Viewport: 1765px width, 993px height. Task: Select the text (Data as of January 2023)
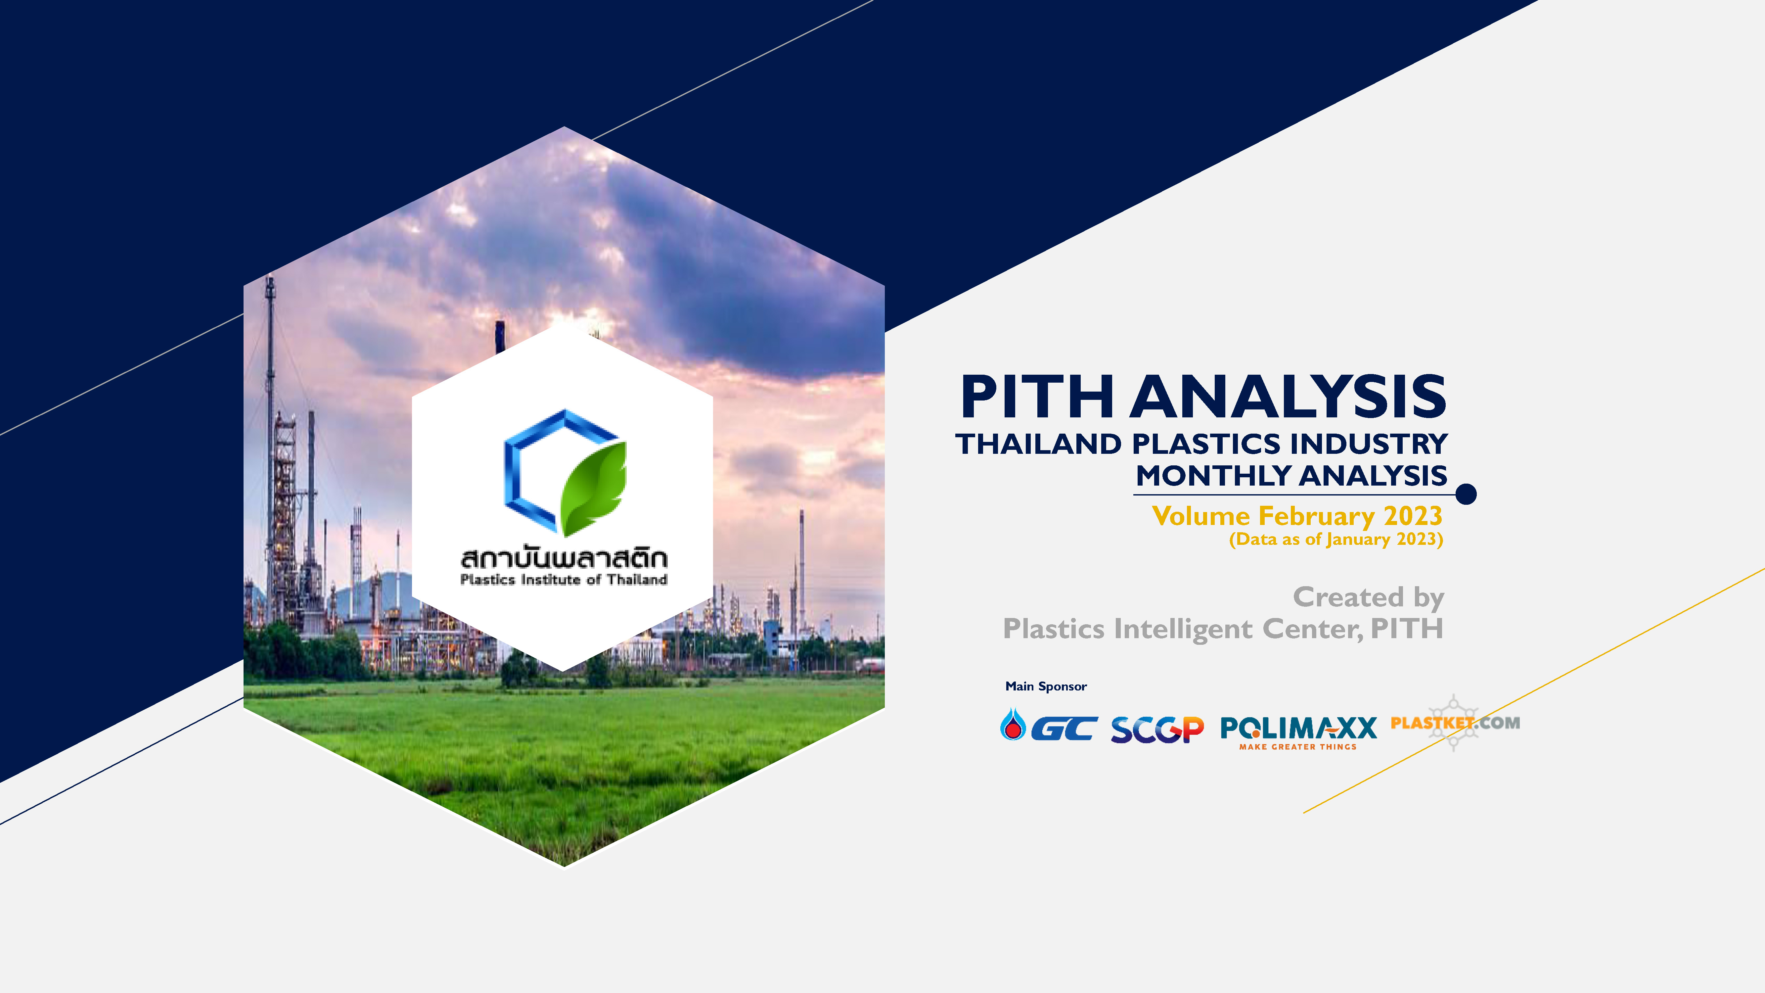[x=1336, y=539]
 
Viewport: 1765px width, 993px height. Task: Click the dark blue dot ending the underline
[x=1466, y=494]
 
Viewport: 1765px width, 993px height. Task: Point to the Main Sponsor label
[x=1046, y=686]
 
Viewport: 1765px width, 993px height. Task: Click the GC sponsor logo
[x=1048, y=727]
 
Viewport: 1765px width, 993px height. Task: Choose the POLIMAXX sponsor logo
[x=1298, y=732]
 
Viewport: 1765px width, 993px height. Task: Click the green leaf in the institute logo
[x=593, y=488]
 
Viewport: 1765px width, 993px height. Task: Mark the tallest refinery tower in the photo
[x=271, y=446]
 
